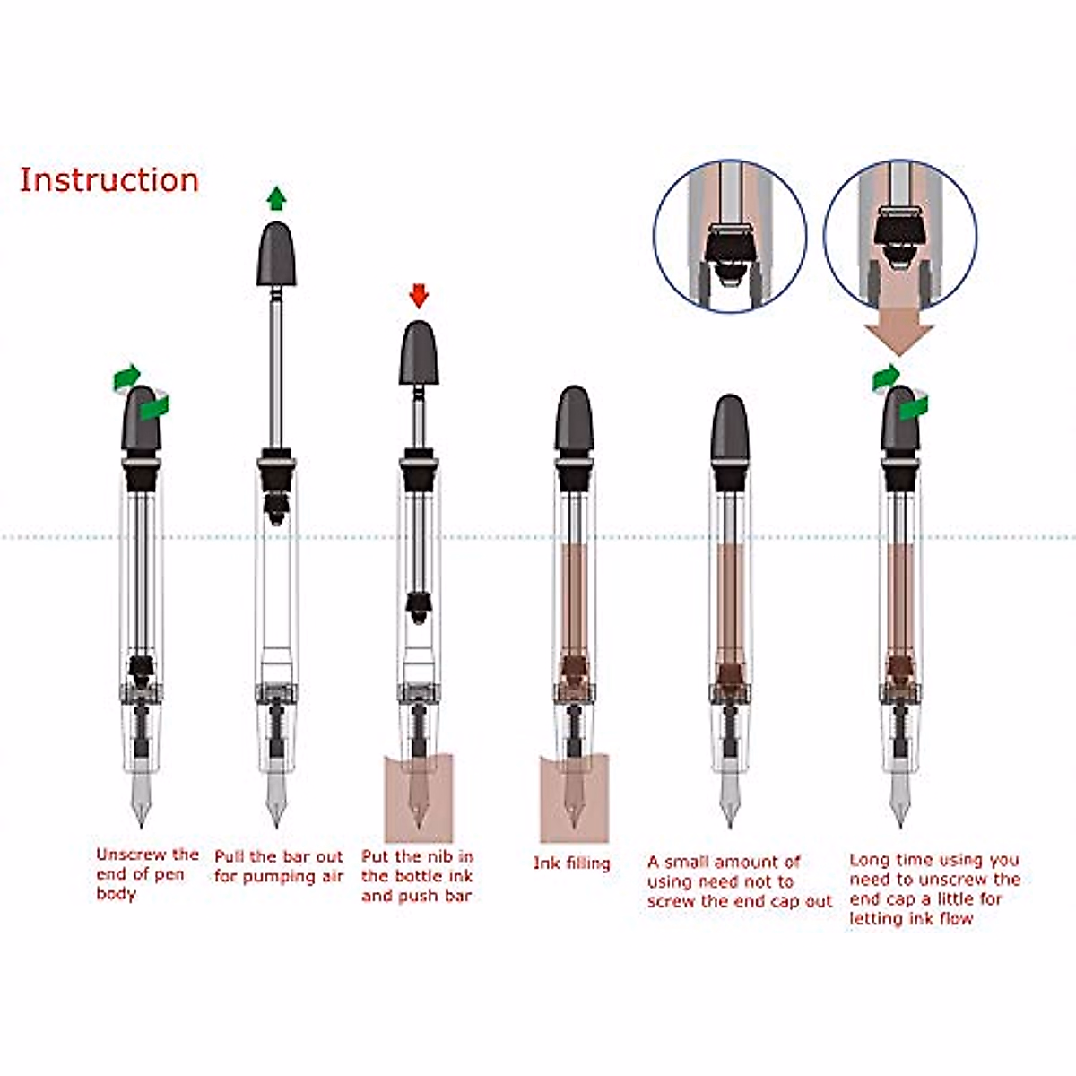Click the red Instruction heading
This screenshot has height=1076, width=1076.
108,180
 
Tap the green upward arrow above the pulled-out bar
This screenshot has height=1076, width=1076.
277,197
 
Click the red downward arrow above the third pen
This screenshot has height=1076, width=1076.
419,295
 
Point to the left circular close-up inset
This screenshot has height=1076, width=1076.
730,235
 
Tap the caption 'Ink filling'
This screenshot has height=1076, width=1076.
571,863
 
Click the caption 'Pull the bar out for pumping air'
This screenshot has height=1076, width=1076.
278,866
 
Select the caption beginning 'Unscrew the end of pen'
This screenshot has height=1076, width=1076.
146,873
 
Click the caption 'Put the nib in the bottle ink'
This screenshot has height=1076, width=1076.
417,876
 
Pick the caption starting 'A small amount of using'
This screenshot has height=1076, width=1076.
739,881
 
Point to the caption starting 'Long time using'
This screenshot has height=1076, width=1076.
934,889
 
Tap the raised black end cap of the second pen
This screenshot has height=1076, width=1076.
277,254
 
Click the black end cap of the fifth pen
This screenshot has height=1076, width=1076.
729,428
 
